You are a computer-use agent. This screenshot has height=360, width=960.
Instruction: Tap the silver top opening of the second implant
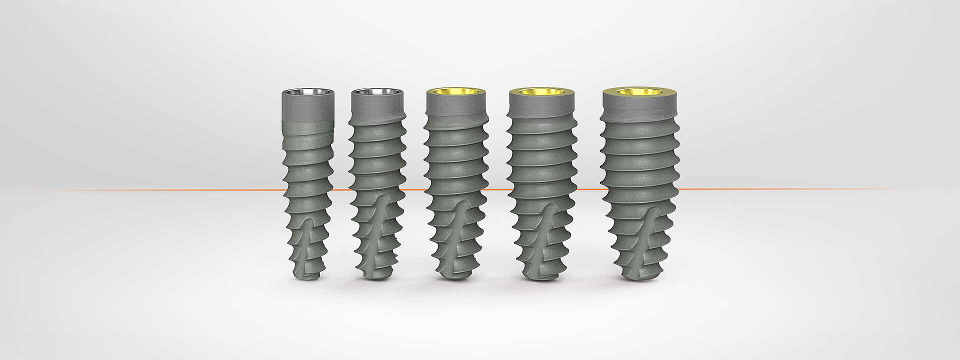376,92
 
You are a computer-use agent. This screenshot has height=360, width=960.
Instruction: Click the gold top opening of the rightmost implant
640,92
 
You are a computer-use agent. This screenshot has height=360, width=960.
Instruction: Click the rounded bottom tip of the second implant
376,275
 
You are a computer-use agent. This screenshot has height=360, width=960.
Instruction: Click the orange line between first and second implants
341,190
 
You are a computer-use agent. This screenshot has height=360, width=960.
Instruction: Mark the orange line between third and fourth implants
496,189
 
